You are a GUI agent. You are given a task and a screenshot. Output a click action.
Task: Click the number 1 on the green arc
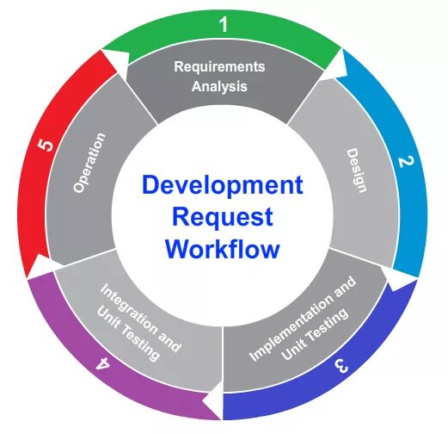point(224,25)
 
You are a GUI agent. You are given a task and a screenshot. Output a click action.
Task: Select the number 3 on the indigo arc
point(341,364)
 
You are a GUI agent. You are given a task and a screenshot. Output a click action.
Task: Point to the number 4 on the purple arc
point(103,363)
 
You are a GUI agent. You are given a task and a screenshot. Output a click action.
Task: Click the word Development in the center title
point(223,185)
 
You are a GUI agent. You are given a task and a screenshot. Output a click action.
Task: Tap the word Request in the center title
point(223,217)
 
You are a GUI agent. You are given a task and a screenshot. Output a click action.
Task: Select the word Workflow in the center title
point(223,249)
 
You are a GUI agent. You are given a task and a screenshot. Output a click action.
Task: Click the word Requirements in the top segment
point(220,66)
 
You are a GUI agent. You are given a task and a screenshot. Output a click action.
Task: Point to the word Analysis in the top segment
point(220,86)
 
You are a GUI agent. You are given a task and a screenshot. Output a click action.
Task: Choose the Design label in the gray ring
point(356,170)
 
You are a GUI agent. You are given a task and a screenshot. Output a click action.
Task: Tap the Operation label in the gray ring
point(89,162)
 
